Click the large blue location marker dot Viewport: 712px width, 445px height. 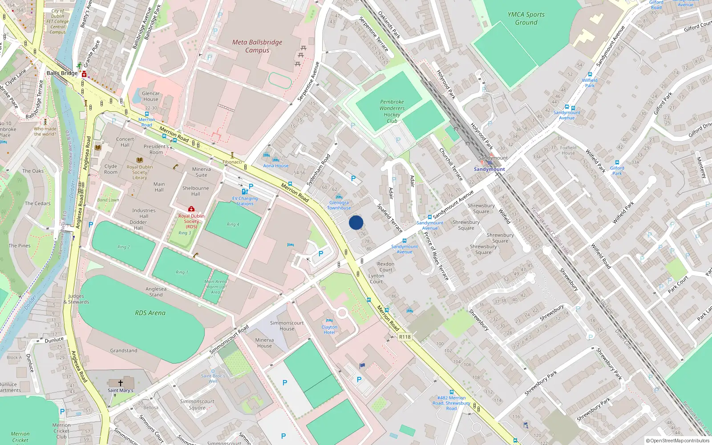coord(356,222)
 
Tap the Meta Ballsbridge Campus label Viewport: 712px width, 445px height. coord(257,46)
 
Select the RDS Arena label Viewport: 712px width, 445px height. coord(150,313)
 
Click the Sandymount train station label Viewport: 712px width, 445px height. coord(489,169)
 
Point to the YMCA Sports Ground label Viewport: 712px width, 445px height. coord(526,18)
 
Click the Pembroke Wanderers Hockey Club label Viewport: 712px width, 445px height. coord(392,111)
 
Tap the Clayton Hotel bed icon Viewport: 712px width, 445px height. coord(329,320)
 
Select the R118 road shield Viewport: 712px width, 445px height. coord(405,337)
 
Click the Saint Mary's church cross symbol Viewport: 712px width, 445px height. coord(120,383)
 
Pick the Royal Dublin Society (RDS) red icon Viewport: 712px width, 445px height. coord(191,209)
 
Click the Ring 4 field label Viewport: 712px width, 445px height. coord(233,224)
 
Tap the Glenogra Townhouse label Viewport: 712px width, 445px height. coord(339,205)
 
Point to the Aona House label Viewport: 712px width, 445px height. coord(276,166)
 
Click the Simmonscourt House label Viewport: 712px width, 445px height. coord(287,326)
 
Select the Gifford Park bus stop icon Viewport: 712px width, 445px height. coord(617,162)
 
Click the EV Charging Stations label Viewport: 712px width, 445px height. coord(245,201)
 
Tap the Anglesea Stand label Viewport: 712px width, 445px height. coord(156,291)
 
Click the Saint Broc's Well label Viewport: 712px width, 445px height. coord(213,378)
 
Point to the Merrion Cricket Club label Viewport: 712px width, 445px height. coord(61,431)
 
